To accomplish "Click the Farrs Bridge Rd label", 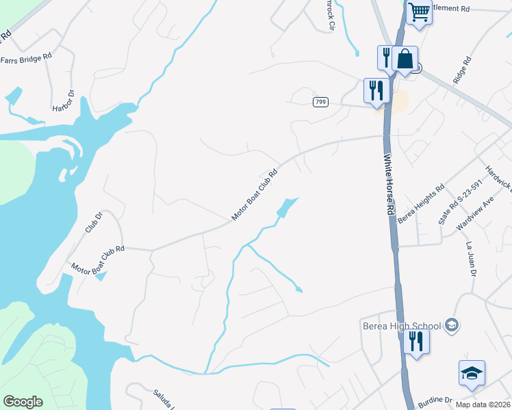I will (27, 59).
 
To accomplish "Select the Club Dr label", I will (93, 223).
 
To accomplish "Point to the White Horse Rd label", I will (388, 185).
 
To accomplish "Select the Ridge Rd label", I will (463, 70).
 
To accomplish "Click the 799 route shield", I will (320, 102).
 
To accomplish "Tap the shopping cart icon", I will (419, 12).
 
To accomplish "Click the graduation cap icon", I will (472, 373).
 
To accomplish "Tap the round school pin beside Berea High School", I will (451, 325).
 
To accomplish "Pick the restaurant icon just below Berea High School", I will (415, 340).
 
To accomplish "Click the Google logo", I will (23, 402).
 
